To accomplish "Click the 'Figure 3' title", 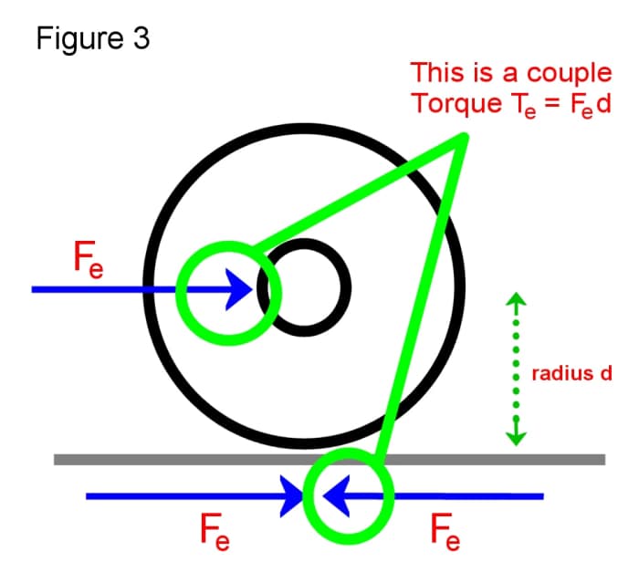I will [93, 40].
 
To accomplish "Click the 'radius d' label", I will [571, 374].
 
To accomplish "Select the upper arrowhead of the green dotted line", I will [517, 301].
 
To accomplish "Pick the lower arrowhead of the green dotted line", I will [517, 437].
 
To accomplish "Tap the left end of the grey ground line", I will [58, 459].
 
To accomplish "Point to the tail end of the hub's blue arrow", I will [35, 290].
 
